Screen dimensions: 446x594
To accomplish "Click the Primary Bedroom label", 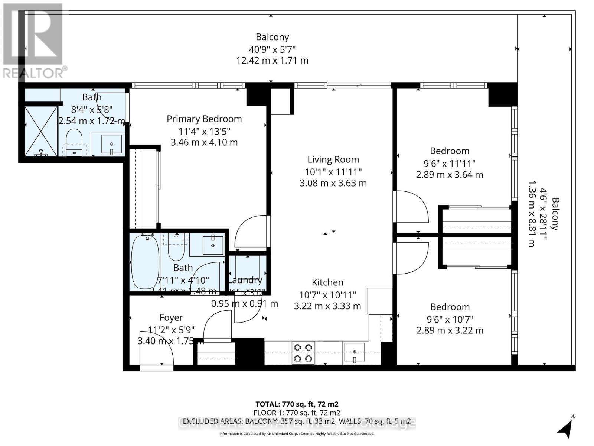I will click(204, 119).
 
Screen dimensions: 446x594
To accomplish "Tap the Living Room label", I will click(333, 159).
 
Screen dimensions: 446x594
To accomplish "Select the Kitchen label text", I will click(327, 282).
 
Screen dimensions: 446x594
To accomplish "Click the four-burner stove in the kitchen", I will click(303, 353).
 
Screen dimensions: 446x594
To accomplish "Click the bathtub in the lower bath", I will click(146, 262).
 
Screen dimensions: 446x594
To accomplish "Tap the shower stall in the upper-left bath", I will click(40, 131).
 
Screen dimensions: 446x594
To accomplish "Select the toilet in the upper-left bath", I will click(74, 139).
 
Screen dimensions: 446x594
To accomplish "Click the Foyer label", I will click(171, 318).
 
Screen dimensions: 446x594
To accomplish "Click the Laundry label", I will click(245, 280).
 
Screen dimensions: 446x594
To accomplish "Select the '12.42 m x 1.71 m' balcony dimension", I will click(272, 61).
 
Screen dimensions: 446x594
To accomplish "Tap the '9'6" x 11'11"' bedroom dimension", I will click(449, 163).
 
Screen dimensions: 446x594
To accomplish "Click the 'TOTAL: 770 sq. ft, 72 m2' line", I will click(297, 404).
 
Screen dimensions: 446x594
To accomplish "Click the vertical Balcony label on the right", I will click(555, 214).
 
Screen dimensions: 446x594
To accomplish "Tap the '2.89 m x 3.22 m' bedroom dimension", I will click(450, 330).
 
